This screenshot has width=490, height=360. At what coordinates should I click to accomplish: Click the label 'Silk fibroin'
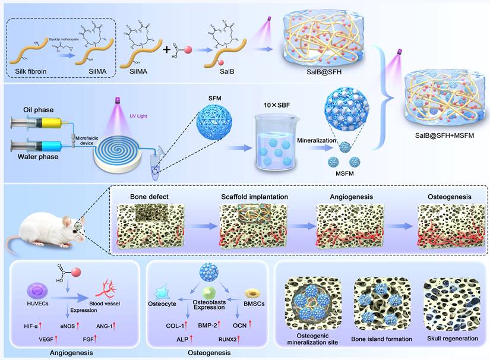click(36, 75)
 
